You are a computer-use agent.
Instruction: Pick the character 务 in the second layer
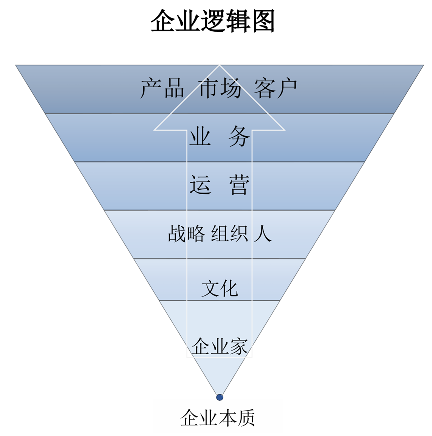[x=239, y=136]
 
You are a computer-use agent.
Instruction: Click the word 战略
[x=186, y=233]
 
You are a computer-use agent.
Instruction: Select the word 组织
[x=229, y=233]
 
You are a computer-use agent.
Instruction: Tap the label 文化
[x=220, y=288]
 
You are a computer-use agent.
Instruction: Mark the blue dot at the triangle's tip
[x=219, y=397]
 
